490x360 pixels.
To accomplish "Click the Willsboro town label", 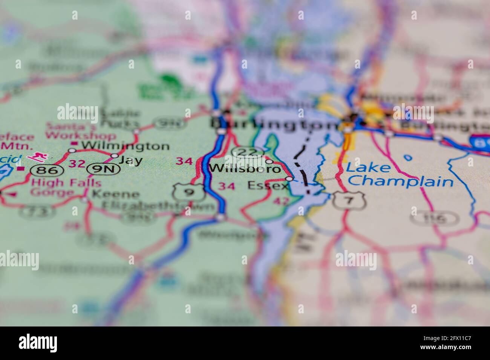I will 245,168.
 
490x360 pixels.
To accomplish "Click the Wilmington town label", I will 125,146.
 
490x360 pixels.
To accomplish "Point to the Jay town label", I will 130,161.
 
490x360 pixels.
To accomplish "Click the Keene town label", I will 116,195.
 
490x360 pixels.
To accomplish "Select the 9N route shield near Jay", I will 103,169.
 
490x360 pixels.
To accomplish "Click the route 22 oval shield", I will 247,152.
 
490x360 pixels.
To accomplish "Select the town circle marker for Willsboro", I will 269,162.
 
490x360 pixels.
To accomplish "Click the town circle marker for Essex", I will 289,179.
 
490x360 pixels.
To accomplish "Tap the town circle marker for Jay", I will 115,156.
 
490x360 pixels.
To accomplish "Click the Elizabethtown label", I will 158,206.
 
